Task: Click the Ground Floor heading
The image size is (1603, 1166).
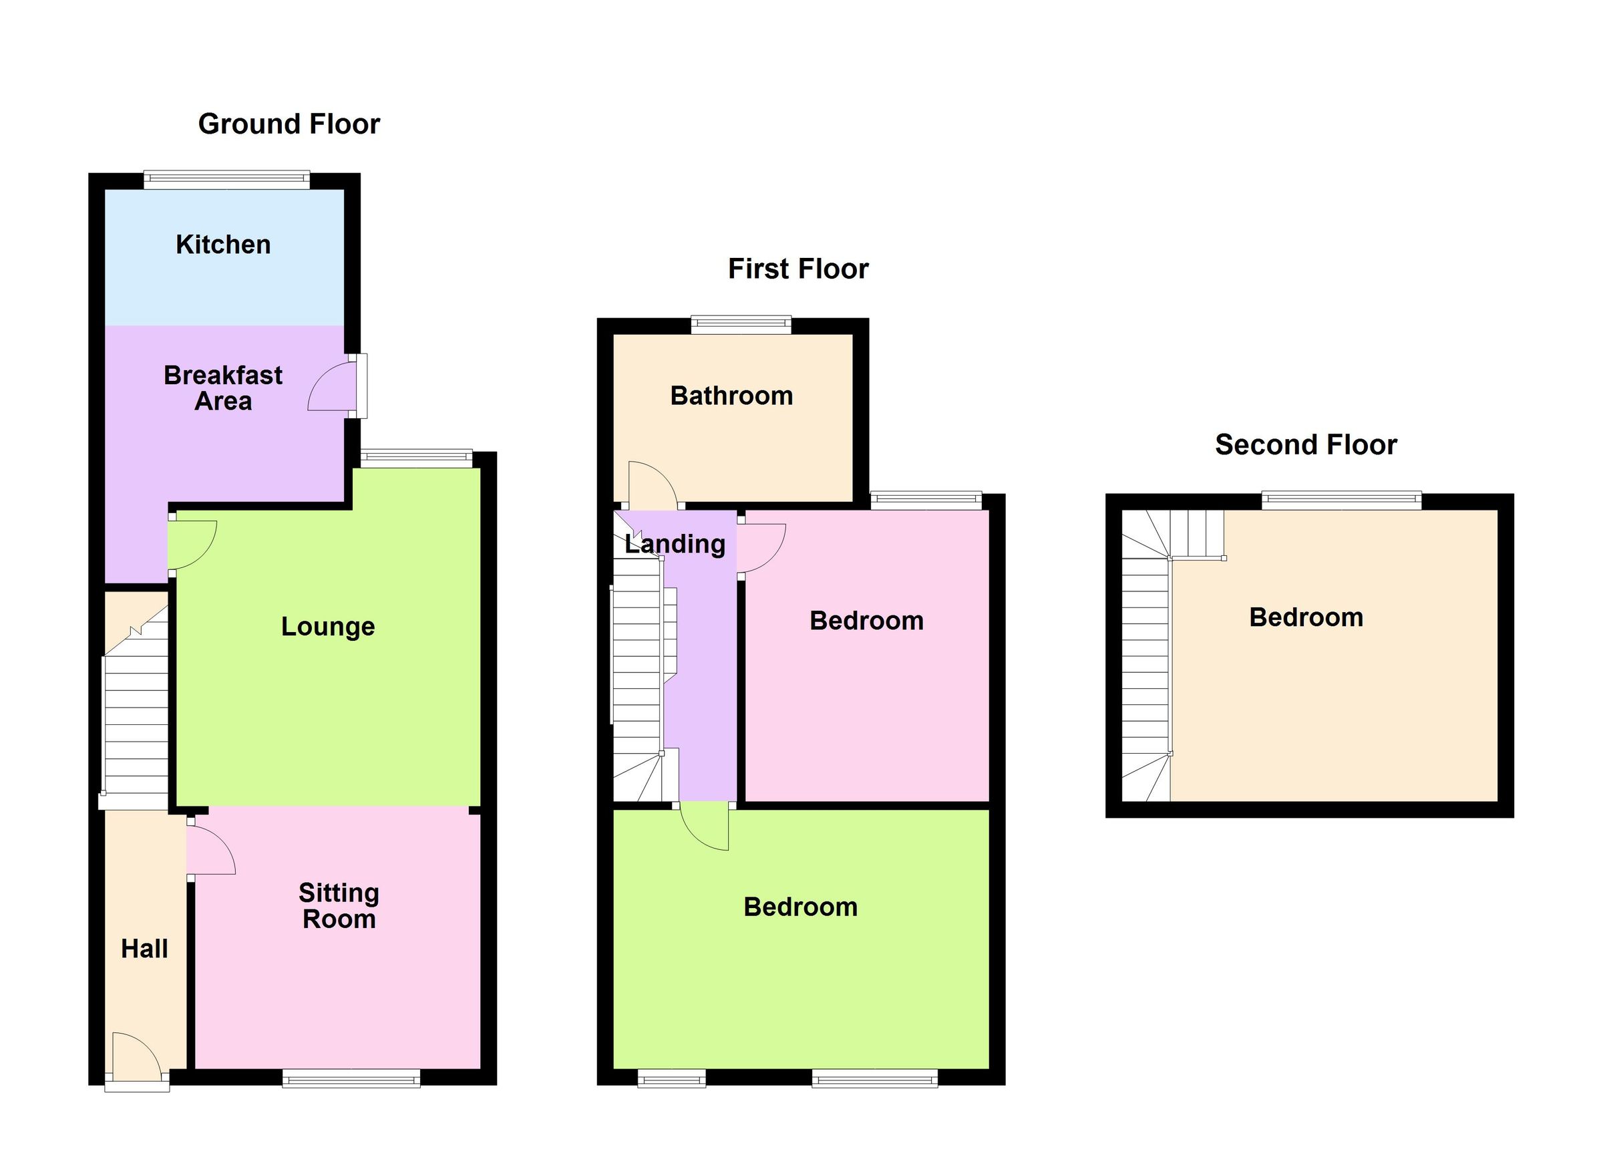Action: point(289,124)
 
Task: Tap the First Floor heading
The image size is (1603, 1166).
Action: point(798,269)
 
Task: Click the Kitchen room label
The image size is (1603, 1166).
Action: point(223,245)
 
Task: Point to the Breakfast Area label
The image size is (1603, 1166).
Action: point(223,388)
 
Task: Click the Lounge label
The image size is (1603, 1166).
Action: point(328,627)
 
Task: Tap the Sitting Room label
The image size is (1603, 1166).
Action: point(339,906)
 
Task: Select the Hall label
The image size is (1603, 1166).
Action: point(144,949)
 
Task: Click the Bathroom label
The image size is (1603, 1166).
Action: point(731,396)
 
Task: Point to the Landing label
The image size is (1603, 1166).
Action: point(675,544)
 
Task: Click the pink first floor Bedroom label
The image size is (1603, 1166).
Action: point(866,621)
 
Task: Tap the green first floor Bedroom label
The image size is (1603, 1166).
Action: point(801,907)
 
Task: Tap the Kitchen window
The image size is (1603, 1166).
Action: point(227,180)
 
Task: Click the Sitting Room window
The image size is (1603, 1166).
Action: point(351,1078)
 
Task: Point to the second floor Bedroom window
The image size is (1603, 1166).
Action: point(1341,500)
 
